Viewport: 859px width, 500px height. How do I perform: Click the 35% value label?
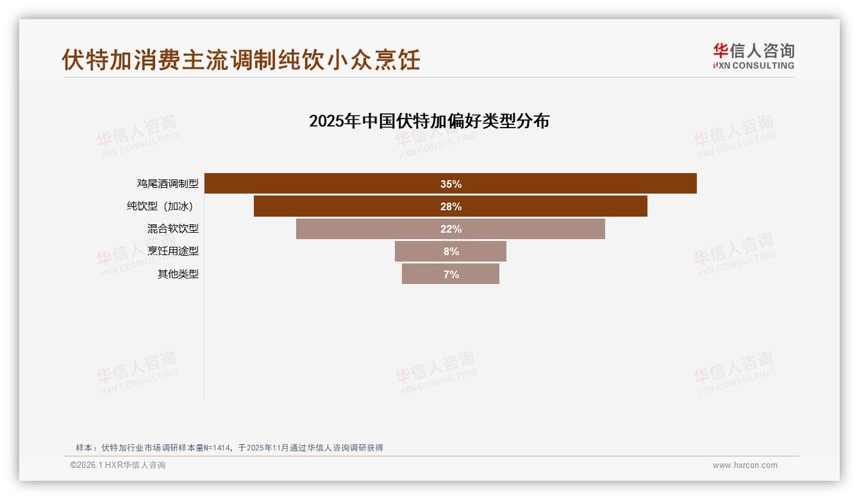point(451,184)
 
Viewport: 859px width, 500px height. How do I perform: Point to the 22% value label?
point(451,229)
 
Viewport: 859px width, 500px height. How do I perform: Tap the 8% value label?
point(451,251)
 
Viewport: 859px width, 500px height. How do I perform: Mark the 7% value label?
point(451,274)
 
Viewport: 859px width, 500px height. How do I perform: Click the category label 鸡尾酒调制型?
point(167,183)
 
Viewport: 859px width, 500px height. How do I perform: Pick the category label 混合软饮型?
point(172,229)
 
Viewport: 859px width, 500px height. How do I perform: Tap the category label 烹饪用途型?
point(172,251)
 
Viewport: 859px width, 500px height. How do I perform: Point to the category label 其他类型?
point(178,274)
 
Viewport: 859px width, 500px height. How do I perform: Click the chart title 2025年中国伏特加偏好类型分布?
point(429,121)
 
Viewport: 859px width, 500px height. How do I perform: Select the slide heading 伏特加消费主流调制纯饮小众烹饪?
point(241,60)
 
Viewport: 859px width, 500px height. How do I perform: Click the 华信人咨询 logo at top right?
point(753,56)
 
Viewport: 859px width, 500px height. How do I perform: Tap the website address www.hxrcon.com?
point(745,465)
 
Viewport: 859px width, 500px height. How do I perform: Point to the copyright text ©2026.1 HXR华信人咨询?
point(118,465)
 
